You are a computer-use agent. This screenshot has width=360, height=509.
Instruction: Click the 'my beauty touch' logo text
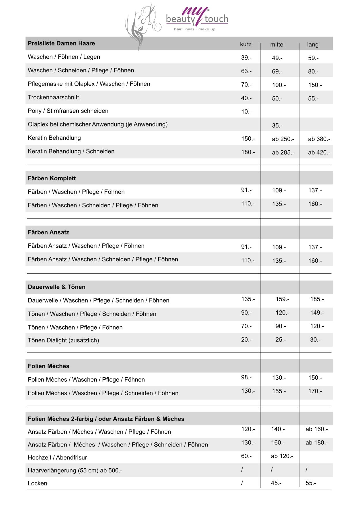(197, 18)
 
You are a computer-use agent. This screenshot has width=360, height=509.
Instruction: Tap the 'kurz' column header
(246, 44)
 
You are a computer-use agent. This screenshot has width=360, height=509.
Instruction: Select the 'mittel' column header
(277, 45)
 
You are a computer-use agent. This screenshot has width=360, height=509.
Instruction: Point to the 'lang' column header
(312, 45)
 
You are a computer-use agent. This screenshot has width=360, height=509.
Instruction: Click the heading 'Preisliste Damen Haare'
(61, 43)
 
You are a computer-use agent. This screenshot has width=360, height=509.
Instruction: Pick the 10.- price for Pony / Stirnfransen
(246, 112)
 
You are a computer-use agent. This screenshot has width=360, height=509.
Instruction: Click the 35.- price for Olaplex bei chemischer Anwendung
(277, 126)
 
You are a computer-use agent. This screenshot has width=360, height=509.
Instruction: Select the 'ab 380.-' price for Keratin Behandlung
(319, 139)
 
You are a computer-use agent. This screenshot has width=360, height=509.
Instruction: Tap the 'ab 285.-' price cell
(283, 153)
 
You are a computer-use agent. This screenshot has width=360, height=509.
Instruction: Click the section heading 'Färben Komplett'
(52, 178)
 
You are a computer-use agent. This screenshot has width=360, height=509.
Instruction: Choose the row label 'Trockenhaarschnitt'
(53, 97)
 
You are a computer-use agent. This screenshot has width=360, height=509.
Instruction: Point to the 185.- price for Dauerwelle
(317, 299)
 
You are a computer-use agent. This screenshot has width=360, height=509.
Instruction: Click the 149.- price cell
(317, 313)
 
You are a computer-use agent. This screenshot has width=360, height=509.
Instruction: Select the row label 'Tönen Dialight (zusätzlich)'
(63, 340)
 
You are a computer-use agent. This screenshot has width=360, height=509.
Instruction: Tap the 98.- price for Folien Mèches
(246, 377)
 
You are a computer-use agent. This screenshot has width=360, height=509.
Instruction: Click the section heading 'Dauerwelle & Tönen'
(57, 287)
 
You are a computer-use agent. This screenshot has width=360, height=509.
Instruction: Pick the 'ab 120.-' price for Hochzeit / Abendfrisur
(282, 456)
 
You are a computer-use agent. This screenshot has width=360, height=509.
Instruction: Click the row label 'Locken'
(37, 483)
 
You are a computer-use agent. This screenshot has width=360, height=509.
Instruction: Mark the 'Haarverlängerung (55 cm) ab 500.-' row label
(75, 470)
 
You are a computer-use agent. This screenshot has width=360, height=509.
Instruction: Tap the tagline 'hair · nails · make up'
(194, 29)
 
